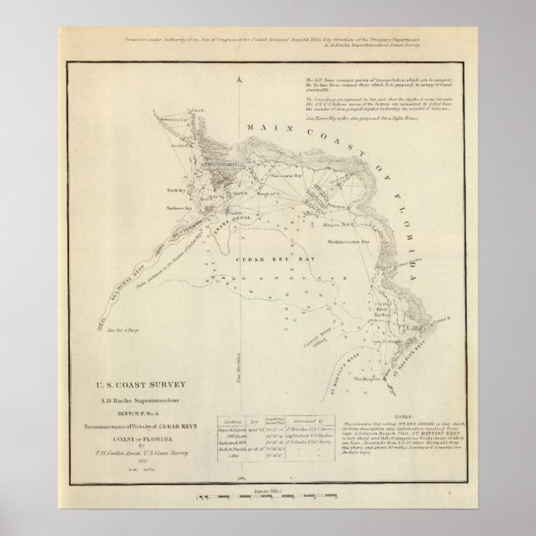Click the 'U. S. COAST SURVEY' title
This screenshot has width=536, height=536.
pos(137,384)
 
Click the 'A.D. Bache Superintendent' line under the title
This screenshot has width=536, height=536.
pos(136,397)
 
